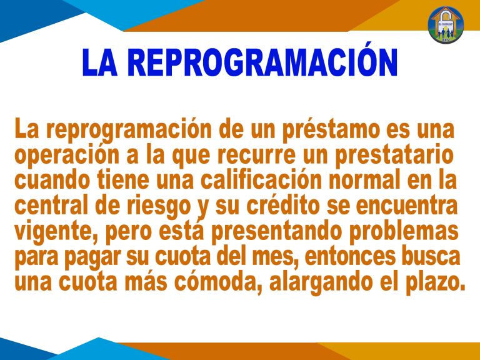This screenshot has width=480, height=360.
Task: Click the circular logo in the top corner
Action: coord(446,24)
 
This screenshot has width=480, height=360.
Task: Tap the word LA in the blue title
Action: coord(100,62)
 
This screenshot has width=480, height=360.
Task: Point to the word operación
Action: coord(67,156)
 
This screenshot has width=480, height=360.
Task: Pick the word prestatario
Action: coord(394,156)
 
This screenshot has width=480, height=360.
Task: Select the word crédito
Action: coord(283,206)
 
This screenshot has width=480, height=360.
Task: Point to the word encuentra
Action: coord(406,206)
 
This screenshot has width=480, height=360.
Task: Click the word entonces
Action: coord(349,257)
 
